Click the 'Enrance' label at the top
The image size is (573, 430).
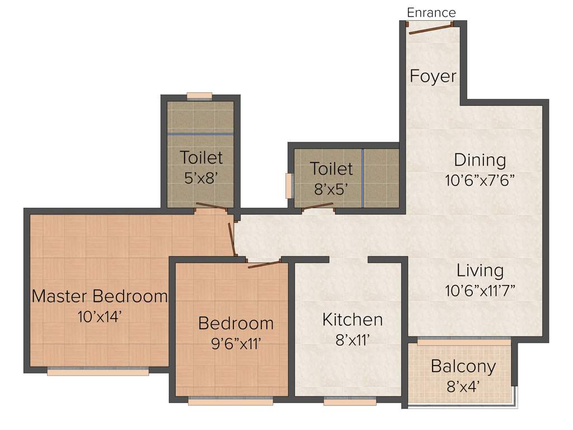pos(431,12)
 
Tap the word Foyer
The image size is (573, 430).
pos(433,76)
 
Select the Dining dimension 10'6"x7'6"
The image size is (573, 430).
pos(480,180)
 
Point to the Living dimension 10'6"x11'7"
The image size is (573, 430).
pos(480,291)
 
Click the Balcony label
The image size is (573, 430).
pos(463,367)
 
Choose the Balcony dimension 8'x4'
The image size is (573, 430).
pos(463,386)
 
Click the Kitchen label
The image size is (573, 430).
pos(353,320)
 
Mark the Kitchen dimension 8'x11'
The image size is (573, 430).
pos(353,339)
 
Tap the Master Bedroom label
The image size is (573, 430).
pos(100,296)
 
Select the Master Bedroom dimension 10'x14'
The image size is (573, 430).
pos(100,316)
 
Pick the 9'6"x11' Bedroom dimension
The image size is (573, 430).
pos(236,343)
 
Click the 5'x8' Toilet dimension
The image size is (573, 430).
pos(201,177)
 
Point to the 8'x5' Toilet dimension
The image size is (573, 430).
pos(331,188)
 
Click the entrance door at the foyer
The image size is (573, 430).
pos(430,29)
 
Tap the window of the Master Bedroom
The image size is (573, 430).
pos(98,371)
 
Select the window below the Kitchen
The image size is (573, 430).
pos(350,401)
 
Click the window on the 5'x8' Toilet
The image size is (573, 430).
pos(199,96)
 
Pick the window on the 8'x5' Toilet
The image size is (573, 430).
pos(289,186)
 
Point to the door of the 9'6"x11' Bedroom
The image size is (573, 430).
pos(264,264)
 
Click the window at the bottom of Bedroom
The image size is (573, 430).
pos(230,401)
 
